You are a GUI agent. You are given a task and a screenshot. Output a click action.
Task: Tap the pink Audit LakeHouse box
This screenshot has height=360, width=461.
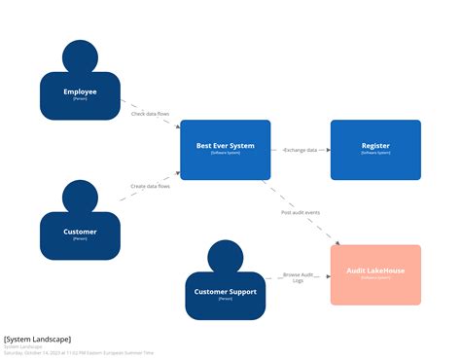[x=375, y=274]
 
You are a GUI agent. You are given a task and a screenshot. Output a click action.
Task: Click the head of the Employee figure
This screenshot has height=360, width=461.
[x=80, y=59]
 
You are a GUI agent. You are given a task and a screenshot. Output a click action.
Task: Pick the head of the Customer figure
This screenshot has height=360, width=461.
[x=80, y=198]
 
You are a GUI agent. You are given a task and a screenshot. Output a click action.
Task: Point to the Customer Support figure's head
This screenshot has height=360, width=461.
[x=226, y=256]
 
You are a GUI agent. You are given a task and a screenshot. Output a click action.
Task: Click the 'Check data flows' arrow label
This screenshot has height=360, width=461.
[x=150, y=114]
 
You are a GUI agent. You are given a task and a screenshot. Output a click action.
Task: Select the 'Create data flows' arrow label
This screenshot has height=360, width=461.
[x=150, y=186]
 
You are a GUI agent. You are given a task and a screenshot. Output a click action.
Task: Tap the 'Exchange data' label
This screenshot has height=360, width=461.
[x=301, y=150]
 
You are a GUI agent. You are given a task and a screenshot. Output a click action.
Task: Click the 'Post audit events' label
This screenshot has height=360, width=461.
[x=301, y=212]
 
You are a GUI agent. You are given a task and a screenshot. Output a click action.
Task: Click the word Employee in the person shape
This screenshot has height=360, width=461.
[x=80, y=92]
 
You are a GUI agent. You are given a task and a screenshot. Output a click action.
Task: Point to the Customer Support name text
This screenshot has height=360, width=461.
[x=226, y=291]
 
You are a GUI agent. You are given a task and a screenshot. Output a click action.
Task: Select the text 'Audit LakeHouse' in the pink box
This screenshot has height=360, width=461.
[x=375, y=271]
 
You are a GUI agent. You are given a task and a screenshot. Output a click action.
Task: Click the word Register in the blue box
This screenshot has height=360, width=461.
[x=375, y=146]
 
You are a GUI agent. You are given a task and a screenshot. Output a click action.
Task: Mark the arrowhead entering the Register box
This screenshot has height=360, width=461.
[x=327, y=150]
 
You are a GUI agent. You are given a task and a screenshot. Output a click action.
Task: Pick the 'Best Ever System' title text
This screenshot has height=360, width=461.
[x=225, y=146]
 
